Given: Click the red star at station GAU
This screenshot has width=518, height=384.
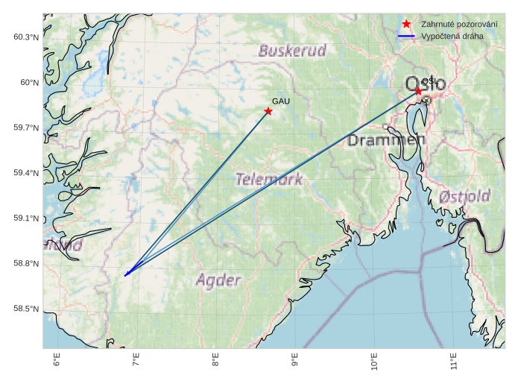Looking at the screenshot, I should click(x=268, y=111).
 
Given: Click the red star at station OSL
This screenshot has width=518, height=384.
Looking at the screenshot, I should click(x=419, y=91).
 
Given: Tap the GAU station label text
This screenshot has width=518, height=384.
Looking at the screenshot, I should click(x=280, y=101).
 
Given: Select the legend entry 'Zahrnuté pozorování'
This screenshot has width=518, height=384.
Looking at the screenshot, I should click(x=449, y=25).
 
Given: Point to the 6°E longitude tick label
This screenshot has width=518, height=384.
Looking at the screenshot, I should click(x=57, y=362).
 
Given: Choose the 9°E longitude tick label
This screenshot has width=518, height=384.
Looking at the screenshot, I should click(x=295, y=362).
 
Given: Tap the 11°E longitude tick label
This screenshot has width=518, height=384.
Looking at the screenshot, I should click(x=454, y=362).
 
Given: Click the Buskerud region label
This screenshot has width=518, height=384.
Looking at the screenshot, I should click(x=292, y=51).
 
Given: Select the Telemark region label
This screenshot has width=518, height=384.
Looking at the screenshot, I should click(x=269, y=179).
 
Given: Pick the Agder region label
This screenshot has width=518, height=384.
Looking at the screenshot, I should click(x=218, y=280).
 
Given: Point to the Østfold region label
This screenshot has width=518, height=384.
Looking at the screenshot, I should click(x=464, y=197).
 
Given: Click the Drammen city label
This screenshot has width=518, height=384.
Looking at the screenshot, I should click(x=386, y=140).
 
